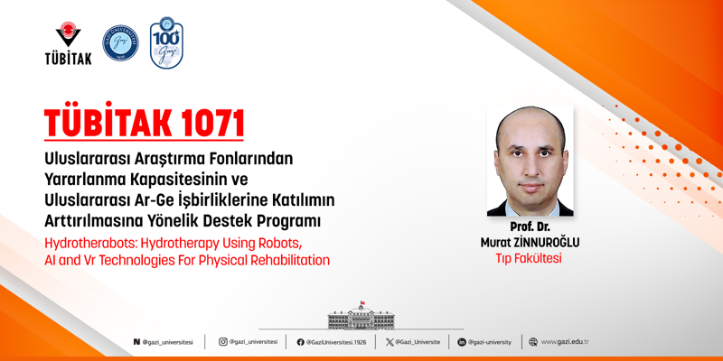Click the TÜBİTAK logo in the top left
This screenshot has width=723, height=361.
point(68,44)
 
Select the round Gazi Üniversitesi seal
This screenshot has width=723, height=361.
point(120,43)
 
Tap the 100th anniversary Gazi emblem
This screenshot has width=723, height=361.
point(166,43)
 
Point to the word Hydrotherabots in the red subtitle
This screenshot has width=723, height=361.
point(91,244)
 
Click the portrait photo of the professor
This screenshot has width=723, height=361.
point(530,162)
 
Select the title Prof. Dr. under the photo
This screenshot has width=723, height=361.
point(530,227)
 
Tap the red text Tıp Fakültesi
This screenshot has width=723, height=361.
point(530,258)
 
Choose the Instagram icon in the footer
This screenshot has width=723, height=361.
point(223,342)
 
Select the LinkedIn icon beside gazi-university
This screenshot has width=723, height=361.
point(461,342)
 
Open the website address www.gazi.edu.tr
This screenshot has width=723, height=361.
point(564,342)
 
